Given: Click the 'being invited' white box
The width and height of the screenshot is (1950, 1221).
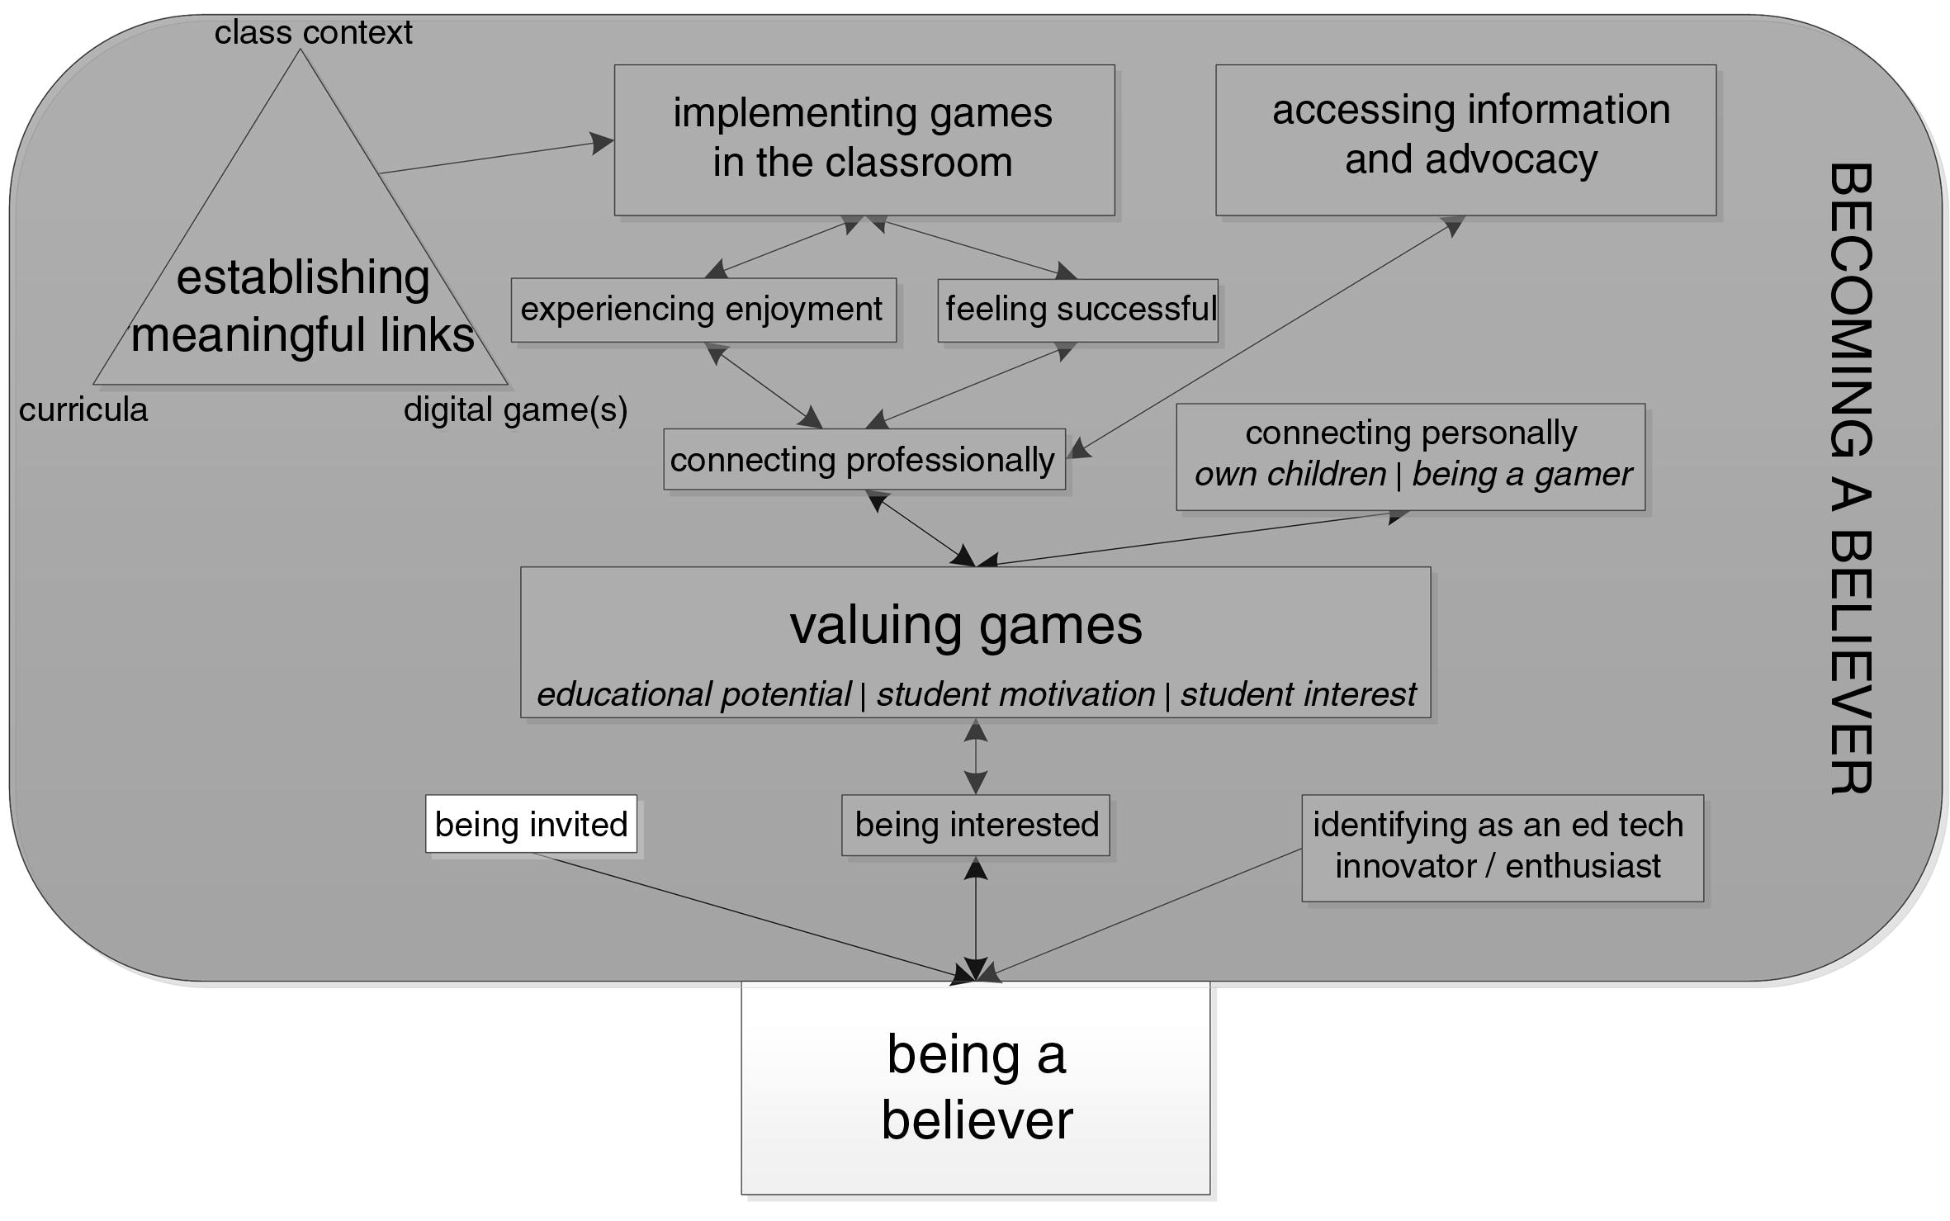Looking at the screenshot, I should [531, 824].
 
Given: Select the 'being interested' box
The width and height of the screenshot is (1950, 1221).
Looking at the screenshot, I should [976, 825].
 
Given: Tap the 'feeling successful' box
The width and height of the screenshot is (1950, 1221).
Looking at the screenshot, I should [1078, 310].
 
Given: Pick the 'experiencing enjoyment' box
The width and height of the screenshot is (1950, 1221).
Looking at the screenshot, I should [703, 310].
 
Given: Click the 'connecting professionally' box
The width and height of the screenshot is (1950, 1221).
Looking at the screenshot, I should [864, 459].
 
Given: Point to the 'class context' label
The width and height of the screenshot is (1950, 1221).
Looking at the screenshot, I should [313, 32].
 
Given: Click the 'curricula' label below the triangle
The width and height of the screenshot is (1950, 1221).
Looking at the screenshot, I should [83, 409].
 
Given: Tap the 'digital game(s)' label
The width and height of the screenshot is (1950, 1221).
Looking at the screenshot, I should [515, 409].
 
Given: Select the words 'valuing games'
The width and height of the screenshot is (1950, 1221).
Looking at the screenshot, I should [966, 625].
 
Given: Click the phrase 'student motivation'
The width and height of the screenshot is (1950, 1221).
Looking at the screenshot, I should [1015, 694].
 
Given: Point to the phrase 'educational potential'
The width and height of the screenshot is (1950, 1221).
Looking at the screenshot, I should [693, 694].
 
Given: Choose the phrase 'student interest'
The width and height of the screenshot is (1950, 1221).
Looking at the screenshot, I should [1298, 694].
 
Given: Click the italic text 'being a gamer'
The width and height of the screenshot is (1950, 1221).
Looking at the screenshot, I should [1522, 475].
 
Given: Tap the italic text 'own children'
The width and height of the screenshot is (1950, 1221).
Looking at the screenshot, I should [1290, 475].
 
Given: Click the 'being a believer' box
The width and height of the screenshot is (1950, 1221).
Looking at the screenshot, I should [976, 1087].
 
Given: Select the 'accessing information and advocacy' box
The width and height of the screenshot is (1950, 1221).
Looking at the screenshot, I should [1465, 140].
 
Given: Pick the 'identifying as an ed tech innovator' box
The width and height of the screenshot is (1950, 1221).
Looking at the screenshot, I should [1502, 847].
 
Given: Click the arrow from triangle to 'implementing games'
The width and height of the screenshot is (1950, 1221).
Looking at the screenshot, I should [495, 157].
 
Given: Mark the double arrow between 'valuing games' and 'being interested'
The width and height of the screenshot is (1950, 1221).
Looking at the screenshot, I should [976, 756].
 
